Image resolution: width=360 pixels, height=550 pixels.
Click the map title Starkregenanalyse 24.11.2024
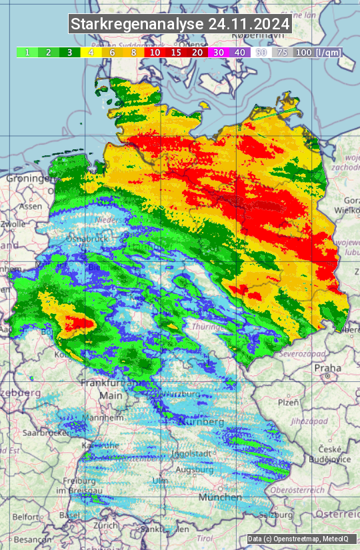coord(180,25)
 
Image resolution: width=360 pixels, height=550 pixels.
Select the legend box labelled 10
coord(155,52)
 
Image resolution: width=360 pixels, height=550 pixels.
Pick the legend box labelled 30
coord(218,52)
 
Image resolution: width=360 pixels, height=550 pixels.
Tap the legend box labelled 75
coord(282,52)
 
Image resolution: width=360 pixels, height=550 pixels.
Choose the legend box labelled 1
coord(27,52)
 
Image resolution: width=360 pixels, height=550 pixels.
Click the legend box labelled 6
coord(112,52)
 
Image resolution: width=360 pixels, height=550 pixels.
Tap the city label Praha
coord(328,367)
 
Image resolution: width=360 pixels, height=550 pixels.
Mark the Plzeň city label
coord(289,403)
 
